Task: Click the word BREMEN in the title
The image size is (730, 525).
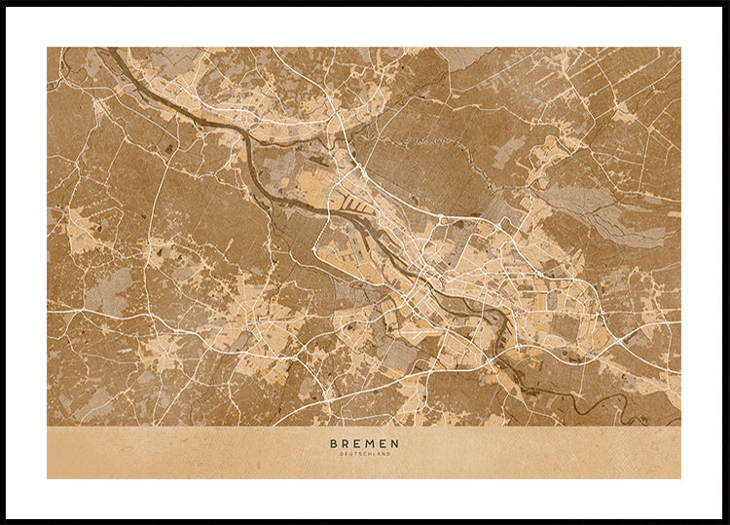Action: click(364, 443)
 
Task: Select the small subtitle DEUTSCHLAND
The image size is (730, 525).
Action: click(364, 454)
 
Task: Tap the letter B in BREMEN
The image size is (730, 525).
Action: click(334, 443)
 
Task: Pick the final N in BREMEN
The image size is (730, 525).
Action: click(394, 443)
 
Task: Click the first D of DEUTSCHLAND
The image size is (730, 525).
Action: click(342, 454)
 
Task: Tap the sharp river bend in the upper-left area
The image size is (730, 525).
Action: click(247, 137)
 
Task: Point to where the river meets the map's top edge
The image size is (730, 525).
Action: click(110, 49)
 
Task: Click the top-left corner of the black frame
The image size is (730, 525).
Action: click(3, 3)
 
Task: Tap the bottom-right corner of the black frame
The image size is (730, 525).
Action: click(726, 521)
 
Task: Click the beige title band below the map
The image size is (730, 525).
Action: click(195, 452)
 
